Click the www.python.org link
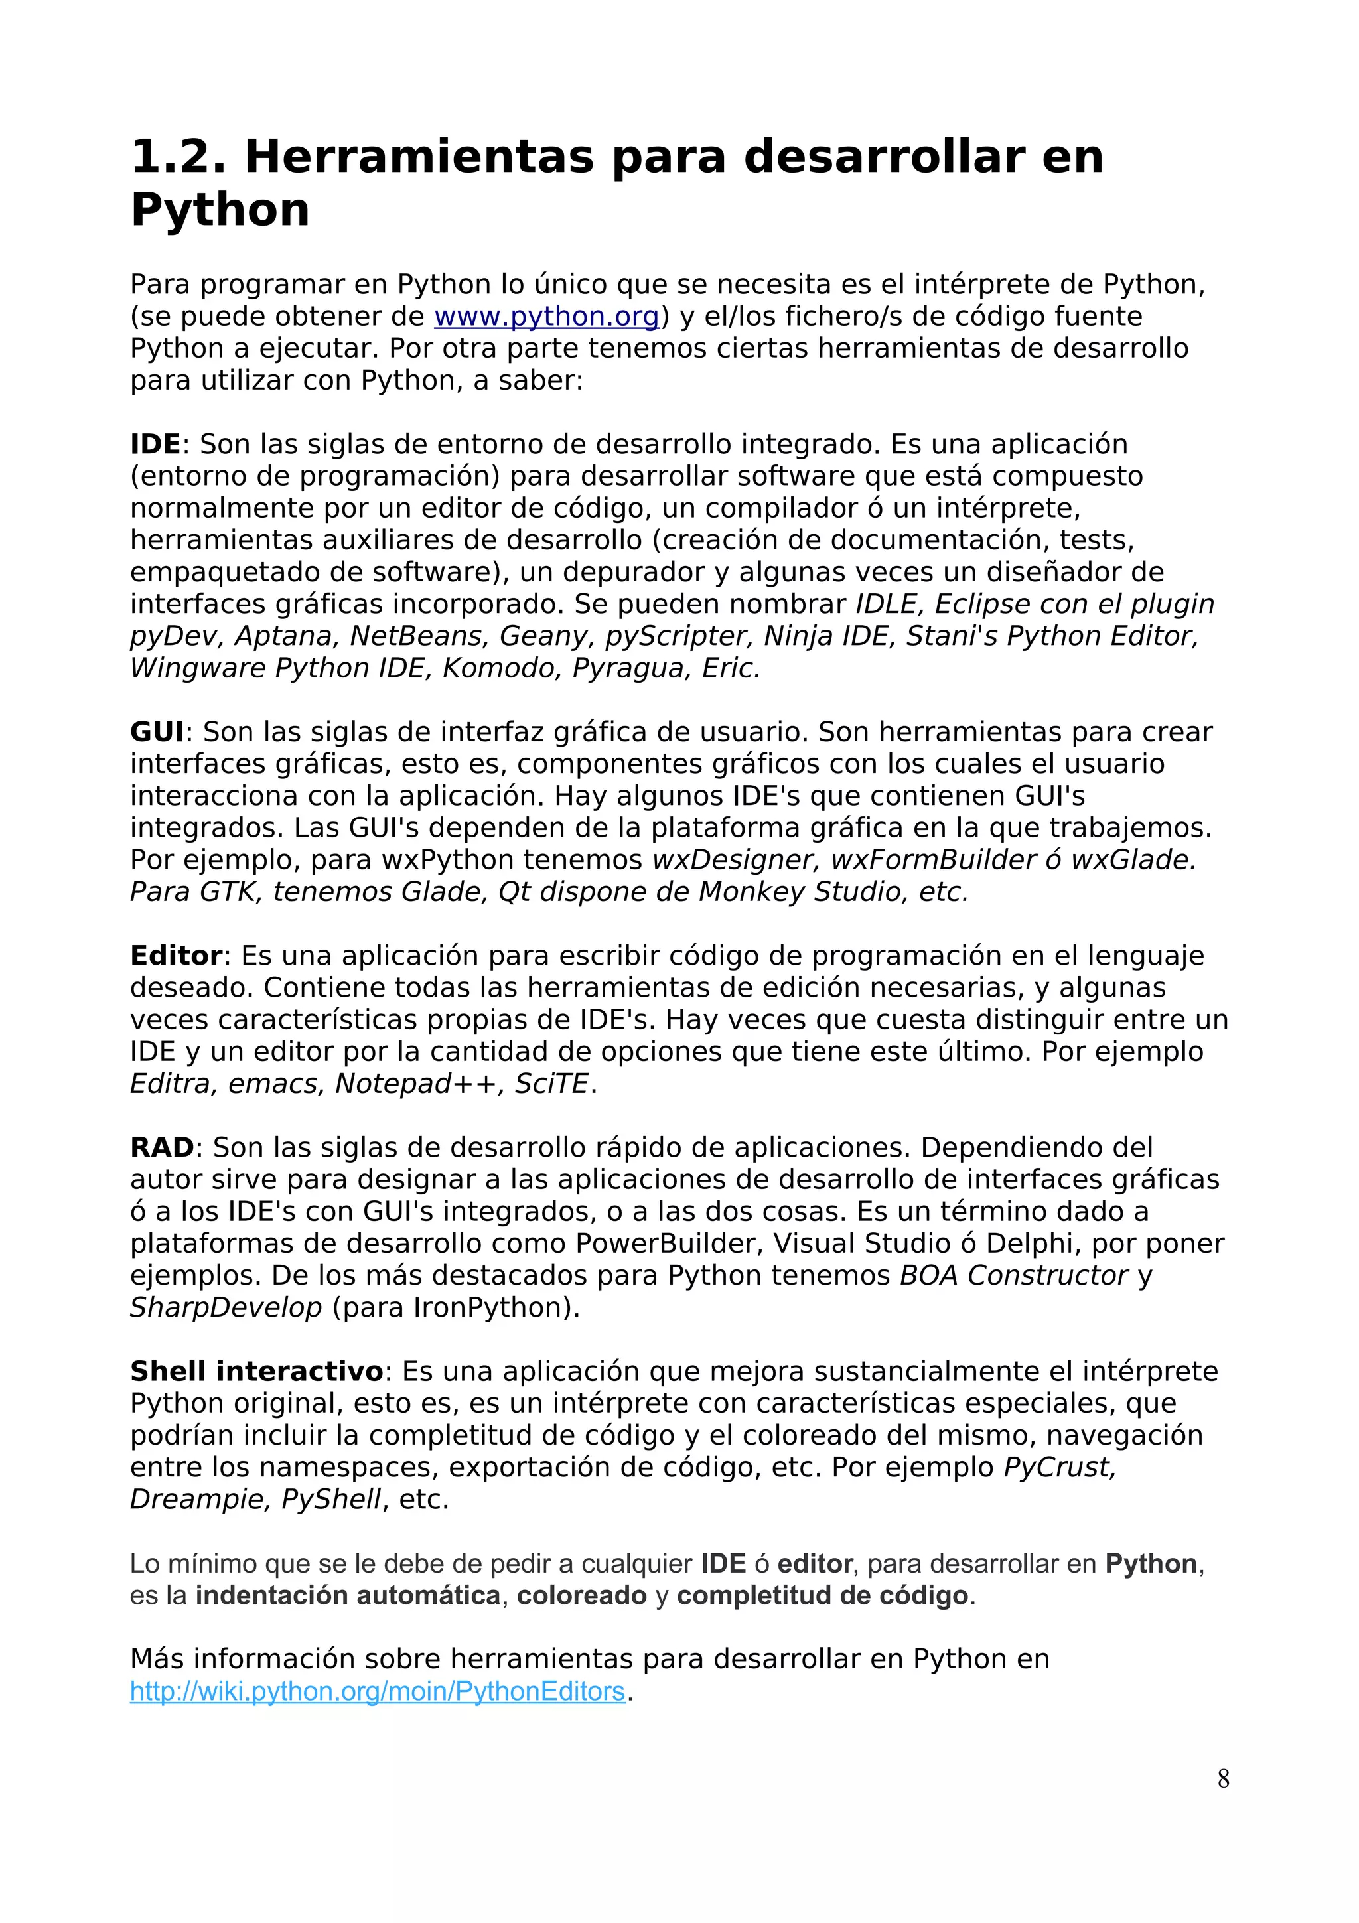pyautogui.click(x=547, y=317)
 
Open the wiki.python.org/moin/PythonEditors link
pyautogui.click(x=378, y=1691)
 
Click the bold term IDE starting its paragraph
pyautogui.click(x=155, y=444)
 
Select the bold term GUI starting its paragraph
pyautogui.click(x=157, y=732)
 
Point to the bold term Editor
pyautogui.click(x=176, y=956)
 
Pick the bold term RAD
pyautogui.click(x=162, y=1147)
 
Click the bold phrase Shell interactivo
pyautogui.click(x=256, y=1371)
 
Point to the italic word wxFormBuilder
pyautogui.click(x=931, y=860)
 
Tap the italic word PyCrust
pyautogui.click(x=1059, y=1467)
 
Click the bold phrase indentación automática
pyautogui.click(x=348, y=1595)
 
